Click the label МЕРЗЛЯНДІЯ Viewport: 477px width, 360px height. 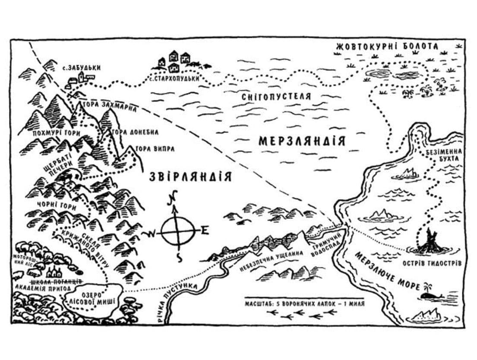(x=302, y=141)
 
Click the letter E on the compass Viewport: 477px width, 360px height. (x=204, y=231)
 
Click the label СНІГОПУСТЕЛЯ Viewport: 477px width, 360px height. (x=276, y=97)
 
